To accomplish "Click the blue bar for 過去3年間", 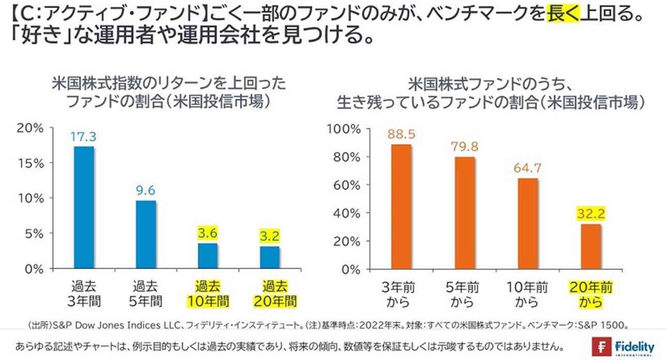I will pos(84,207).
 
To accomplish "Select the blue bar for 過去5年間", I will pos(145,235).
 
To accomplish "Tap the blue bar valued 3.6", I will pos(207,256).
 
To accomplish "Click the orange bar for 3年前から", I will pos(401,207).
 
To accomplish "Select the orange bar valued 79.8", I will pos(464,213).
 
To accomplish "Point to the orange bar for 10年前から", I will pos(527,223).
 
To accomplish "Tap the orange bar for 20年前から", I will pos(590,246).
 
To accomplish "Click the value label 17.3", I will pos(84,138).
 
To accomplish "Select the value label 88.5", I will pos(401,135).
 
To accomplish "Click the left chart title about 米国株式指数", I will pos(169,92).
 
